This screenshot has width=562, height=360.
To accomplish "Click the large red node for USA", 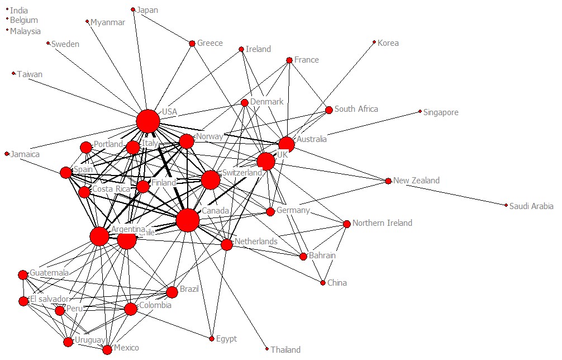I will tap(148, 121).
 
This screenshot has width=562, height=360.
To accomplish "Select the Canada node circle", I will tap(188, 220).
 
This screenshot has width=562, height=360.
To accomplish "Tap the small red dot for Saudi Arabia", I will tap(506, 206).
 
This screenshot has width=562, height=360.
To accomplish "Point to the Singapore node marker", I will tap(420, 112).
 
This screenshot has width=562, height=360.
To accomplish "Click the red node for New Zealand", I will tap(388, 181).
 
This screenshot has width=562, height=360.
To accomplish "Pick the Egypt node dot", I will tap(212, 339).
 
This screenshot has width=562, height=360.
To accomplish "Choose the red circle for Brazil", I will tap(172, 292).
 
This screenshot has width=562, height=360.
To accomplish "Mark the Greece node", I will tap(192, 43).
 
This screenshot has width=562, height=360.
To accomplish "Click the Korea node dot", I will tap(374, 42).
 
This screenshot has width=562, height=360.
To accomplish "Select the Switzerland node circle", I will tap(211, 180).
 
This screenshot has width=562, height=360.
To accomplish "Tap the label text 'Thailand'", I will tap(285, 350).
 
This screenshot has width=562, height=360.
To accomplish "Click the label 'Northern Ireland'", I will tap(382, 223).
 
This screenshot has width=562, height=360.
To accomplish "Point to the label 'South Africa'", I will tap(356, 109).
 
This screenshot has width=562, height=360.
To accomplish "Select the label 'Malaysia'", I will tap(25, 31).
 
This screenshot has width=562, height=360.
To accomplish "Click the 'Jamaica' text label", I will tap(25, 154).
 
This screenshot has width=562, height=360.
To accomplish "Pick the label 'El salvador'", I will tap(50, 299).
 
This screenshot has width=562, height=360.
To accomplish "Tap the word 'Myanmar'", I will tap(108, 22).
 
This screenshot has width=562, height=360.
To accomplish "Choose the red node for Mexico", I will tap(107, 350).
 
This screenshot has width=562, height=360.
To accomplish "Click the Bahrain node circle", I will tap(303, 257).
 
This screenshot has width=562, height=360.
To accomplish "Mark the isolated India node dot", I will tap(7, 10).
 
